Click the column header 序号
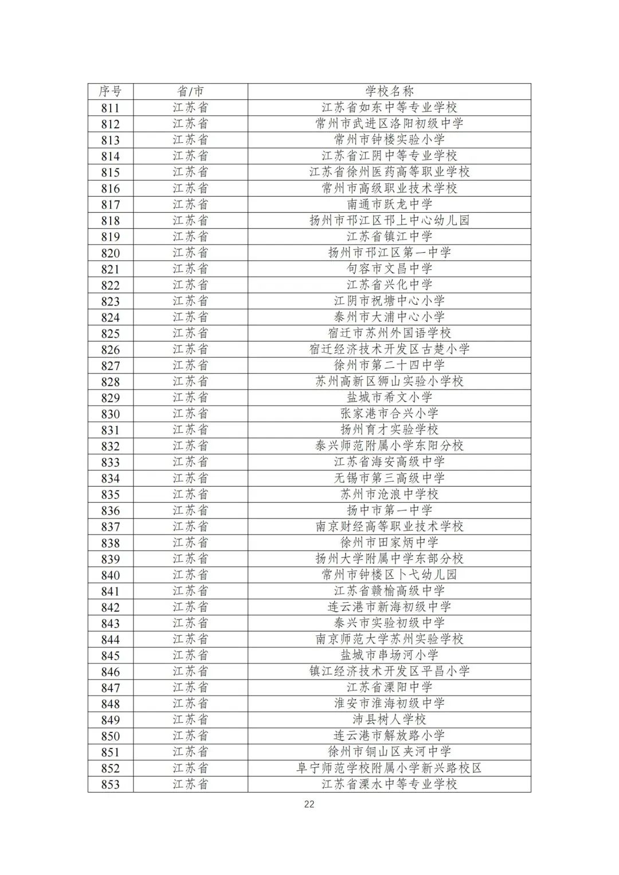tap(110, 91)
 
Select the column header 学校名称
tap(389, 91)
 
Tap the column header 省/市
tap(190, 91)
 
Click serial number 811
tap(110, 108)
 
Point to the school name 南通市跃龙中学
tap(389, 204)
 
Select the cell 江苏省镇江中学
tap(389, 236)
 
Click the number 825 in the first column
tap(110, 333)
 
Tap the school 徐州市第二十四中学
tap(389, 365)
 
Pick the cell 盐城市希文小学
tap(389, 397)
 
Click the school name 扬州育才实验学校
tap(389, 429)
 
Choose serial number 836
tap(110, 510)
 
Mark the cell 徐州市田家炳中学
tap(389, 542)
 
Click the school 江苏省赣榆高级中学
tap(389, 590)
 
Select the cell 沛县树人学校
tap(389, 719)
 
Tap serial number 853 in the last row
tap(110, 784)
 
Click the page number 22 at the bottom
tap(309, 804)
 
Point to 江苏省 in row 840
tap(190, 574)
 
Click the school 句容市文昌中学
tap(389, 268)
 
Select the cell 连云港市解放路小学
tap(389, 735)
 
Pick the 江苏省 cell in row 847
tap(190, 687)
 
